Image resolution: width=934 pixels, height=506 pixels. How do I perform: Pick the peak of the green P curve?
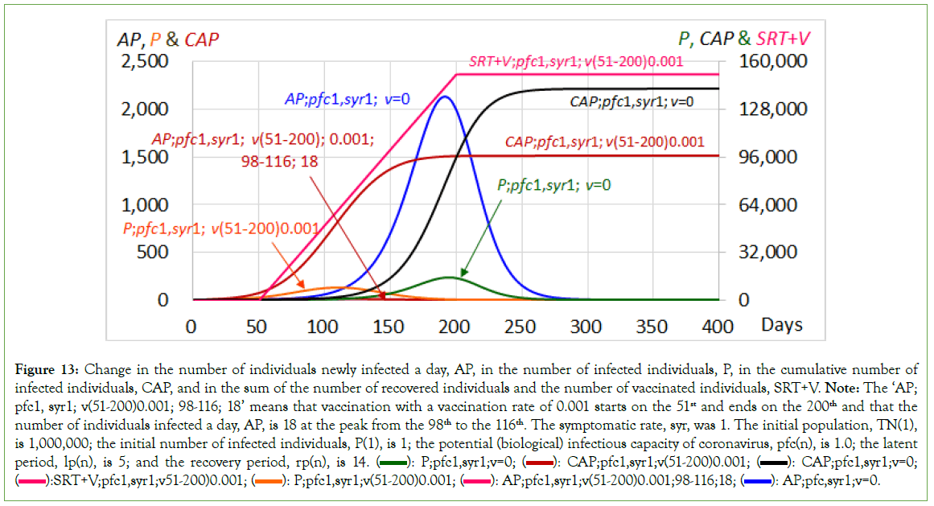[x=450, y=277]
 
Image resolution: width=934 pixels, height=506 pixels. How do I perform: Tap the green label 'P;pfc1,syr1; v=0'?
[x=554, y=184]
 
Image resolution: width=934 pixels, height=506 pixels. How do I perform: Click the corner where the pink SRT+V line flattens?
[x=456, y=75]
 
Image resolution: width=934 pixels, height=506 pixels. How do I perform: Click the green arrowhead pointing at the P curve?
[x=461, y=274]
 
